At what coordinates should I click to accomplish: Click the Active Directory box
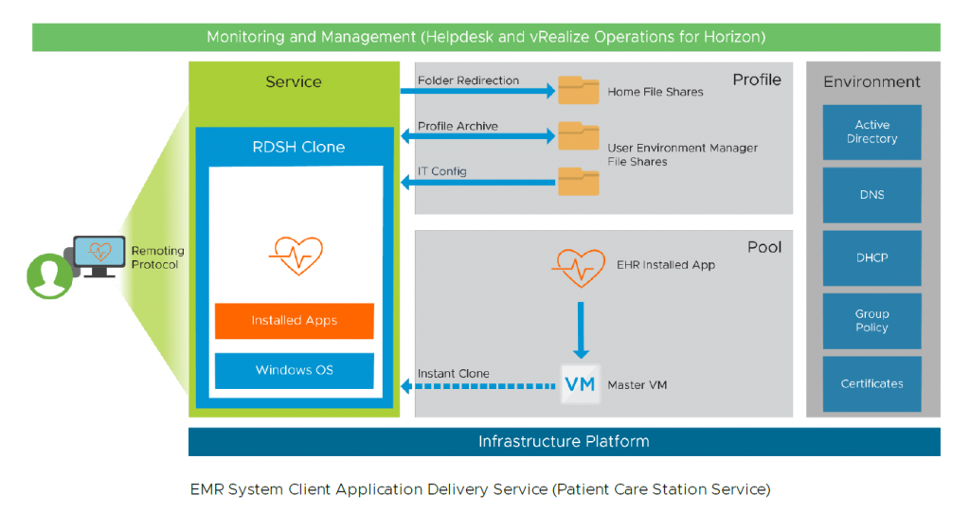pos(871,132)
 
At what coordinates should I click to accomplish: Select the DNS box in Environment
pos(871,195)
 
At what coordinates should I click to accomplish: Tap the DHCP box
pos(871,257)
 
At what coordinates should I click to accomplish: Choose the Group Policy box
pos(871,321)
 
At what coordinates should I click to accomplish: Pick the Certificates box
pos(871,383)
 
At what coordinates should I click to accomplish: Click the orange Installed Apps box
pos(295,321)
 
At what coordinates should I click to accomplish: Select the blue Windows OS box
pos(295,370)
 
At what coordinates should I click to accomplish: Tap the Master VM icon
pos(580,384)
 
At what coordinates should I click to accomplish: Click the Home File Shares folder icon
pos(579,90)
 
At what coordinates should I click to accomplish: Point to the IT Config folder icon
pos(579,181)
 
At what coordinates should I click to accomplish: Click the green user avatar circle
pos(49,275)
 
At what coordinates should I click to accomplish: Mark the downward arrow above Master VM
pos(581,327)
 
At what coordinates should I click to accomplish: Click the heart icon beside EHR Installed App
pos(579,268)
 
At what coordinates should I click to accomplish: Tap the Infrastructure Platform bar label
pos(564,442)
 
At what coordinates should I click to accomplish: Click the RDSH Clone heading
pos(298,147)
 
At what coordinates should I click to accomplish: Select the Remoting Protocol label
pos(157,257)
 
